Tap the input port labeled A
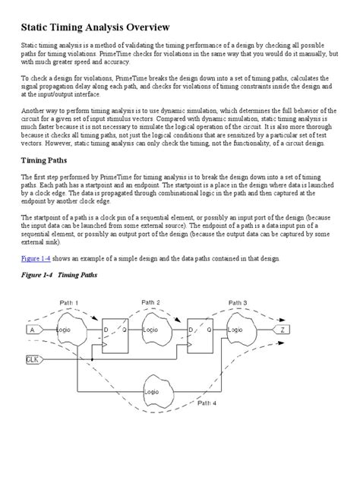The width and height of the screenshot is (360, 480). pyautogui.click(x=32, y=330)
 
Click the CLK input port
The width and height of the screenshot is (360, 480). pyautogui.click(x=33, y=359)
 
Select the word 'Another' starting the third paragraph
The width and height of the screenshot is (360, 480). pyautogui.click(x=31, y=112)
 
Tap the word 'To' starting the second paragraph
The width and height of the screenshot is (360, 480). pyautogui.click(x=24, y=78)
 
